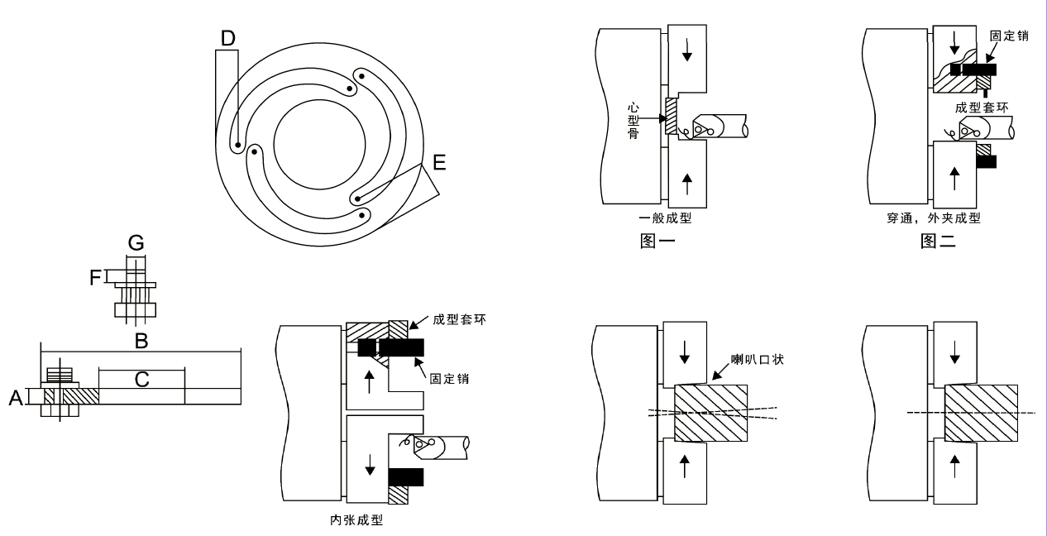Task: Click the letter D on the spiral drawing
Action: [228, 37]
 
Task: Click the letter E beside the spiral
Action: [438, 162]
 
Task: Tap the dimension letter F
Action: [97, 275]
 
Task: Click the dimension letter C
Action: [141, 379]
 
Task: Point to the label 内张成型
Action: [356, 521]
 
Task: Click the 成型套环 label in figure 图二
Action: [981, 108]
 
